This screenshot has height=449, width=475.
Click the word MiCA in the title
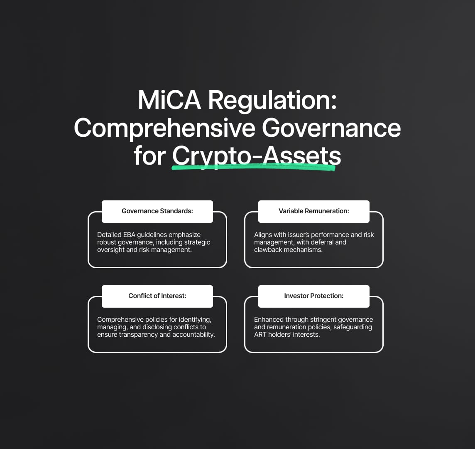tap(169, 100)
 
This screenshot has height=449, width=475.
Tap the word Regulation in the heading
tap(272, 101)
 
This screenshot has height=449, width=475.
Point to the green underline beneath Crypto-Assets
tap(254, 167)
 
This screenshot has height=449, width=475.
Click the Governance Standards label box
tap(157, 212)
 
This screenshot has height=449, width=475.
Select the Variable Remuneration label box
tap(314, 212)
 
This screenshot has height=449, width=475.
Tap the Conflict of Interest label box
tap(157, 296)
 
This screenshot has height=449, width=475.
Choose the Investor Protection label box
tap(314, 296)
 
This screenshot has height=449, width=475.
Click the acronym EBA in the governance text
tap(129, 235)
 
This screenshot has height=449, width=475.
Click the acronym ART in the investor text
tap(260, 335)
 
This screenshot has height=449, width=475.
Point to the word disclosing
tap(157, 327)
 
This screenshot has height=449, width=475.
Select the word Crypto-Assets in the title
tap(257, 156)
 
